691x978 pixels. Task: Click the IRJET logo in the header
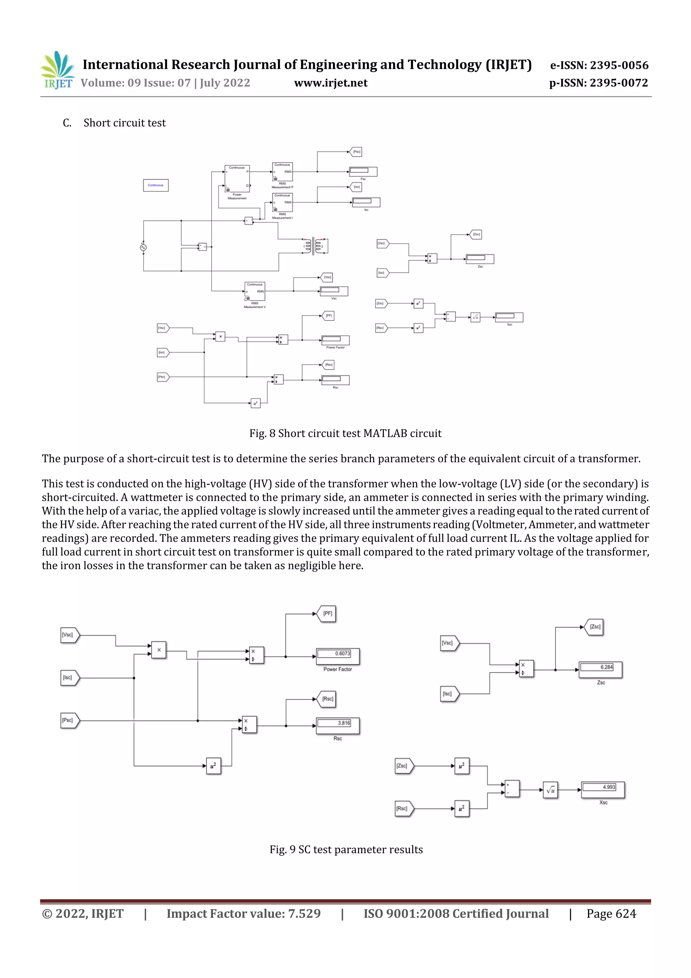click(57, 70)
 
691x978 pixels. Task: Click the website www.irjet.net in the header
click(330, 83)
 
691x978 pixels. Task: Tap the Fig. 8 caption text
click(345, 433)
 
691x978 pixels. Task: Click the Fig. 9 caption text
click(346, 849)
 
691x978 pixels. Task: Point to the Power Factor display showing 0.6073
click(338, 656)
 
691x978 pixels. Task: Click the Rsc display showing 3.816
click(338, 726)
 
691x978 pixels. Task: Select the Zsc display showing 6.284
click(601, 669)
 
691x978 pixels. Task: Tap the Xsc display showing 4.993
click(603, 789)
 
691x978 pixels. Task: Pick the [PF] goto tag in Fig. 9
click(327, 614)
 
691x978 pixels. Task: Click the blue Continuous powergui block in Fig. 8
click(156, 185)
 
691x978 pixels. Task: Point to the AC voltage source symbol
click(143, 247)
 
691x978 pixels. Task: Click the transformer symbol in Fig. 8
click(314, 246)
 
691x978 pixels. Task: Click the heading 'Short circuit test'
click(124, 123)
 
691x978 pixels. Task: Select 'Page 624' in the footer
click(611, 913)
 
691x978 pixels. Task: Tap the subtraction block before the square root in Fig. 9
click(512, 789)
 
